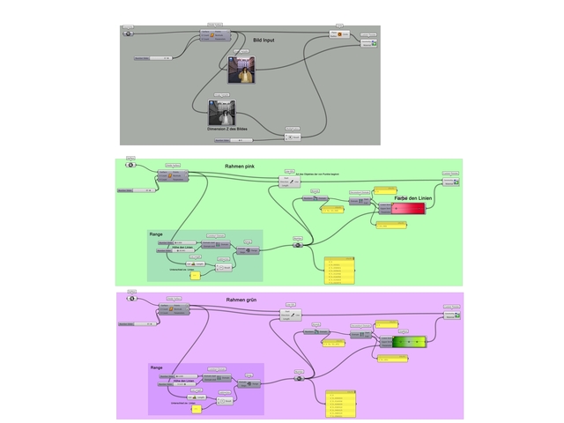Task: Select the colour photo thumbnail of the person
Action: click(239, 70)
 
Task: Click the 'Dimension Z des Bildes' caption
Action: click(228, 130)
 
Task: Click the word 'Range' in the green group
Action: click(156, 234)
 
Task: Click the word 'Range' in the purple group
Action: click(157, 367)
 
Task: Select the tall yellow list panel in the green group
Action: click(339, 271)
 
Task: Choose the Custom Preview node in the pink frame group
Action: click(451, 181)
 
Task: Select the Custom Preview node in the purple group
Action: click(451, 316)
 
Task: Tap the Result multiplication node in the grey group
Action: click(293, 137)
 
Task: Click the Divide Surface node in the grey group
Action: click(214, 36)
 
